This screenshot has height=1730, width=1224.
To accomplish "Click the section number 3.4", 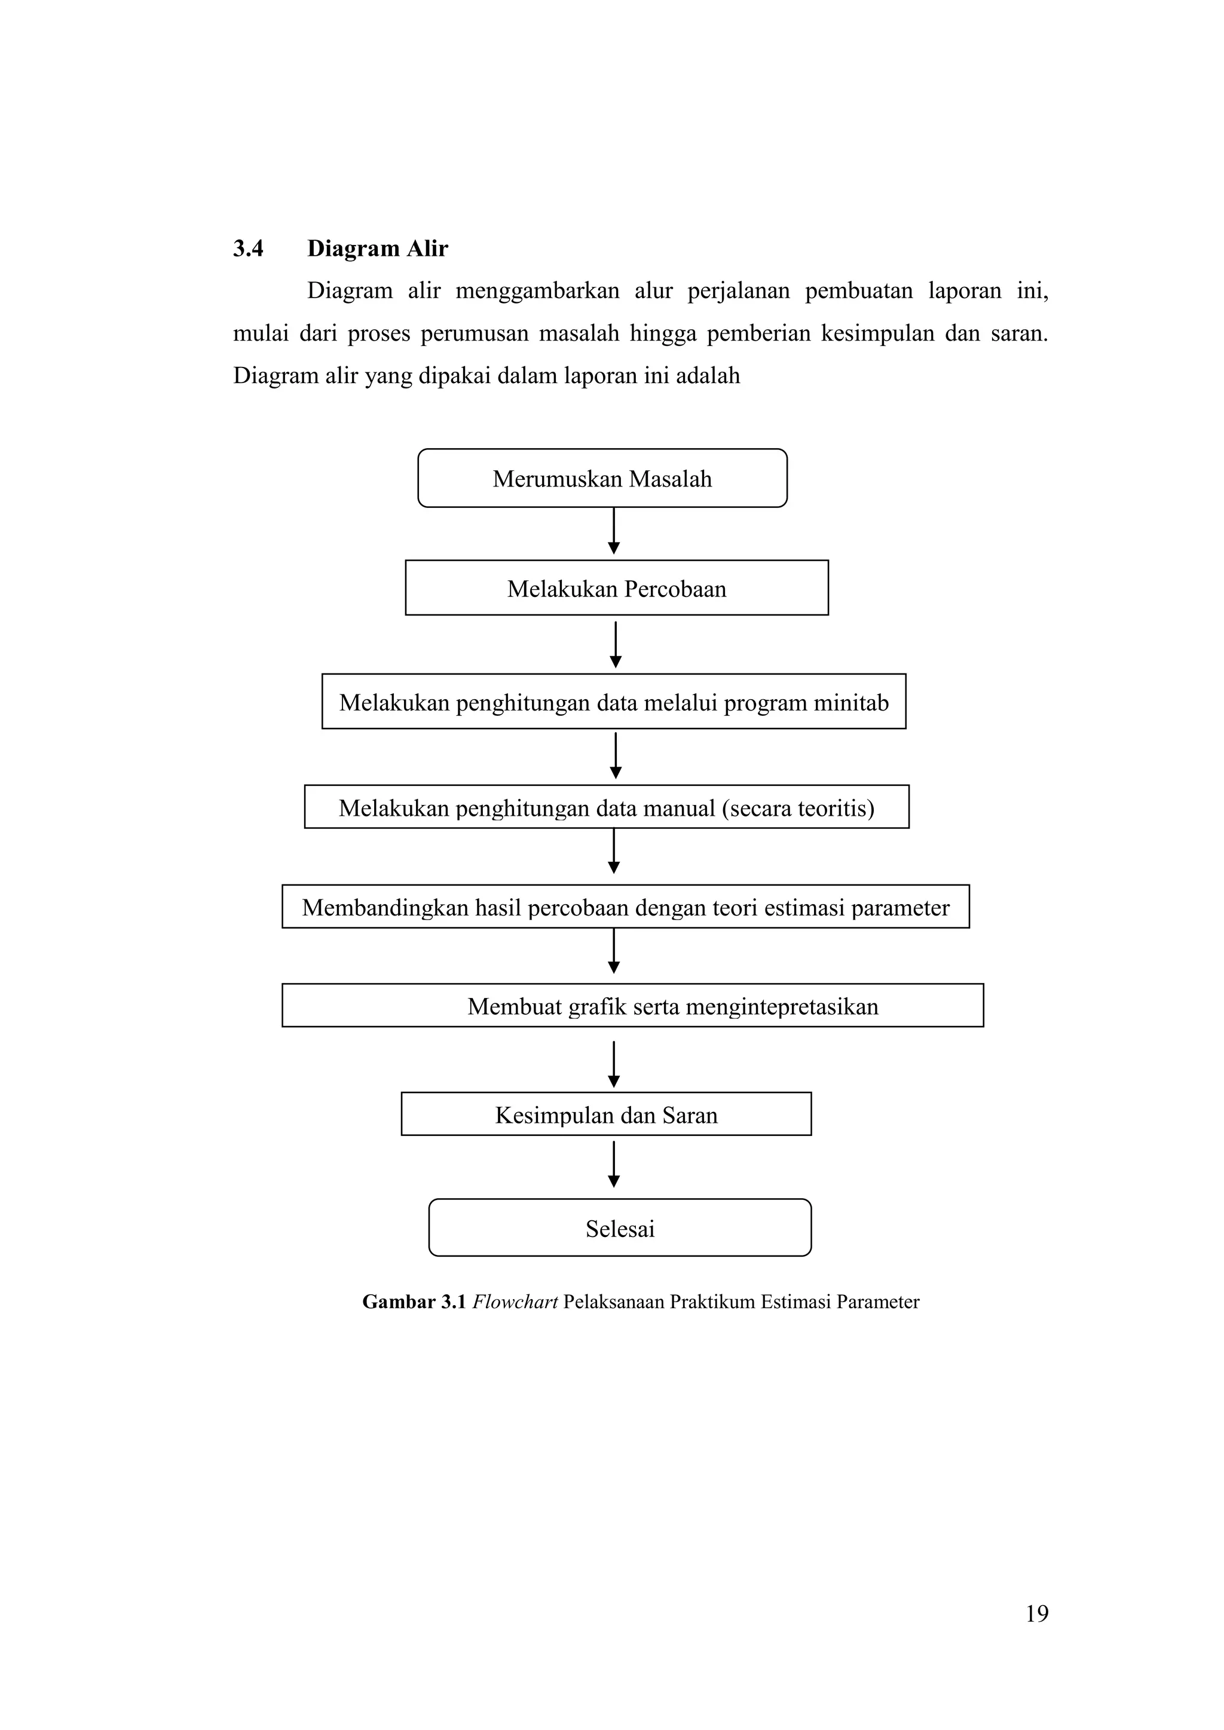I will tap(248, 249).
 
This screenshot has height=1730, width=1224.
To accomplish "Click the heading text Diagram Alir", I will tap(377, 249).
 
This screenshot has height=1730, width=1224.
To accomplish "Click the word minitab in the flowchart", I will tap(851, 703).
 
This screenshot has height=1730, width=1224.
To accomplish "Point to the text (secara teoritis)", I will tap(797, 809).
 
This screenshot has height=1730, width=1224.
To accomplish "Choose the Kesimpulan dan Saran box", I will tap(605, 1115).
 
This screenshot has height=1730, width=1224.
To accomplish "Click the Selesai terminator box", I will tap(620, 1229).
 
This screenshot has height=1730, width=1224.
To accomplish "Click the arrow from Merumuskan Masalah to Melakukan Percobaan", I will tap(614, 532).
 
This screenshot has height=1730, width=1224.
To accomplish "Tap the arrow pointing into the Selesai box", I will tap(614, 1165).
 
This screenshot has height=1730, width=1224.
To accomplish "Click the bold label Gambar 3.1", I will tap(414, 1302).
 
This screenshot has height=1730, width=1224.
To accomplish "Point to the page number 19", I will tap(1036, 1614).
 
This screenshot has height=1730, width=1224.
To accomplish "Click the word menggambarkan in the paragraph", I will tap(537, 291).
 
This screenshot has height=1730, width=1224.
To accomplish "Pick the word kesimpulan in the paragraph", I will tap(877, 333).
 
